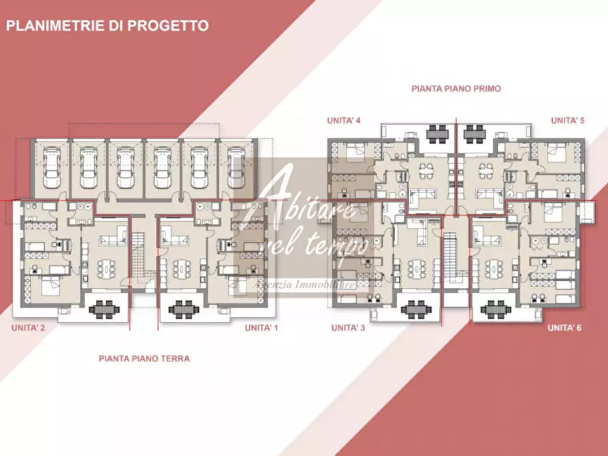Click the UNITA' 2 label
click(28, 327)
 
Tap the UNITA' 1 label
click(262, 327)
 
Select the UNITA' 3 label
click(348, 327)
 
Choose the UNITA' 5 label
click(567, 120)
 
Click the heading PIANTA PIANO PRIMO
click(456, 88)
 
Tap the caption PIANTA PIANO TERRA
click(144, 358)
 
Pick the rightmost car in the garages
click(236, 167)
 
